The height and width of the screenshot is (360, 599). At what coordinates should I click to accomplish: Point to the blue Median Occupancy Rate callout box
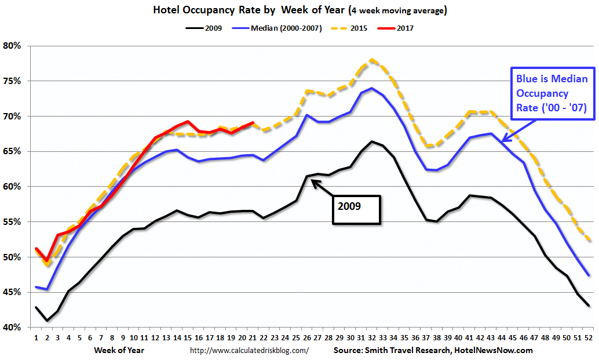[549, 93]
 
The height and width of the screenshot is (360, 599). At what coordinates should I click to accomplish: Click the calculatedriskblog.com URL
[250, 350]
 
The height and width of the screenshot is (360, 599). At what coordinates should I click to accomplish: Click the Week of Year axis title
[119, 350]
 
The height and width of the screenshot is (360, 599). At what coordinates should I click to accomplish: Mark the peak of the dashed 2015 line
[371, 59]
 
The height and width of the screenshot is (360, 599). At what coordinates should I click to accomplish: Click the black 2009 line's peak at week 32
[372, 141]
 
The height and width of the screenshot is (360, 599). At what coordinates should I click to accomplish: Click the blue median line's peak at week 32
[372, 88]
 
